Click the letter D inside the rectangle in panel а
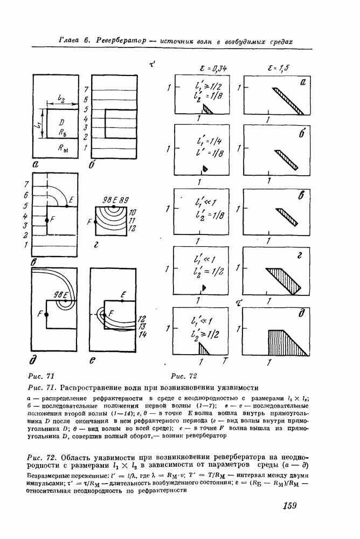click(x=62, y=121)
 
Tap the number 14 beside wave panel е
click(x=142, y=335)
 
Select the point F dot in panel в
click(x=47, y=220)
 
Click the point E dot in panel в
click(x=66, y=205)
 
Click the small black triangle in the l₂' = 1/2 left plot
click(x=204, y=287)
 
